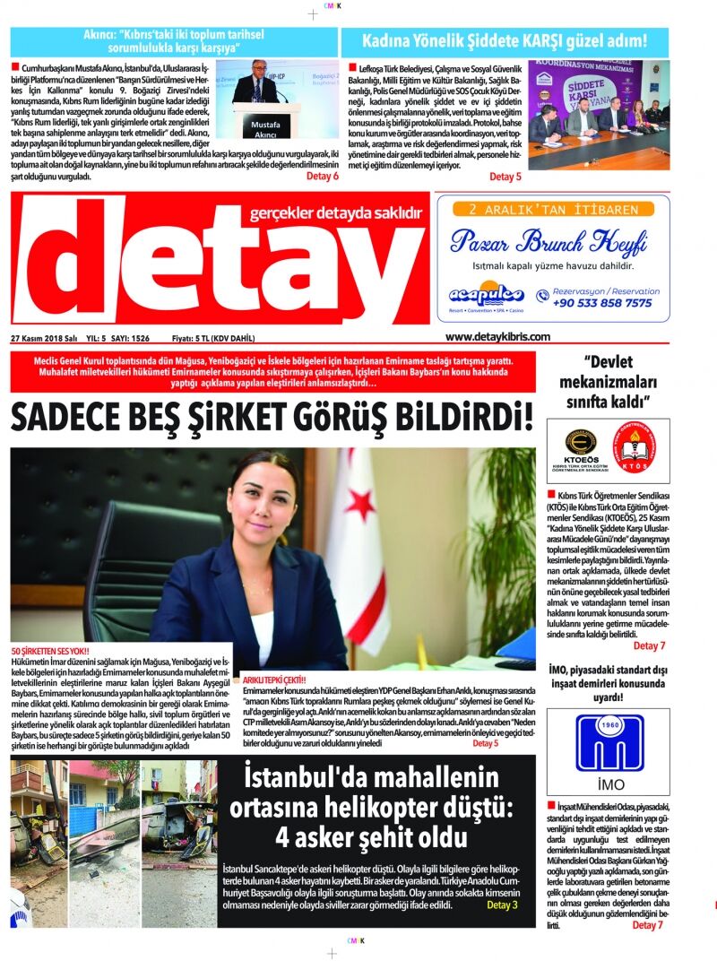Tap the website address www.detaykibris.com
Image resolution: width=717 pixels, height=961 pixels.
point(497,336)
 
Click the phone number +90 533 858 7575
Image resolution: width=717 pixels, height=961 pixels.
point(602,303)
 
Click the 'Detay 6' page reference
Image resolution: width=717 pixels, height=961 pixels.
point(323,176)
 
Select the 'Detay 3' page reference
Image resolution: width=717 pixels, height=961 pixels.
point(502,905)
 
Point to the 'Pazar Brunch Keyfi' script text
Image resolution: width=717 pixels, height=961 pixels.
point(549,242)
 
